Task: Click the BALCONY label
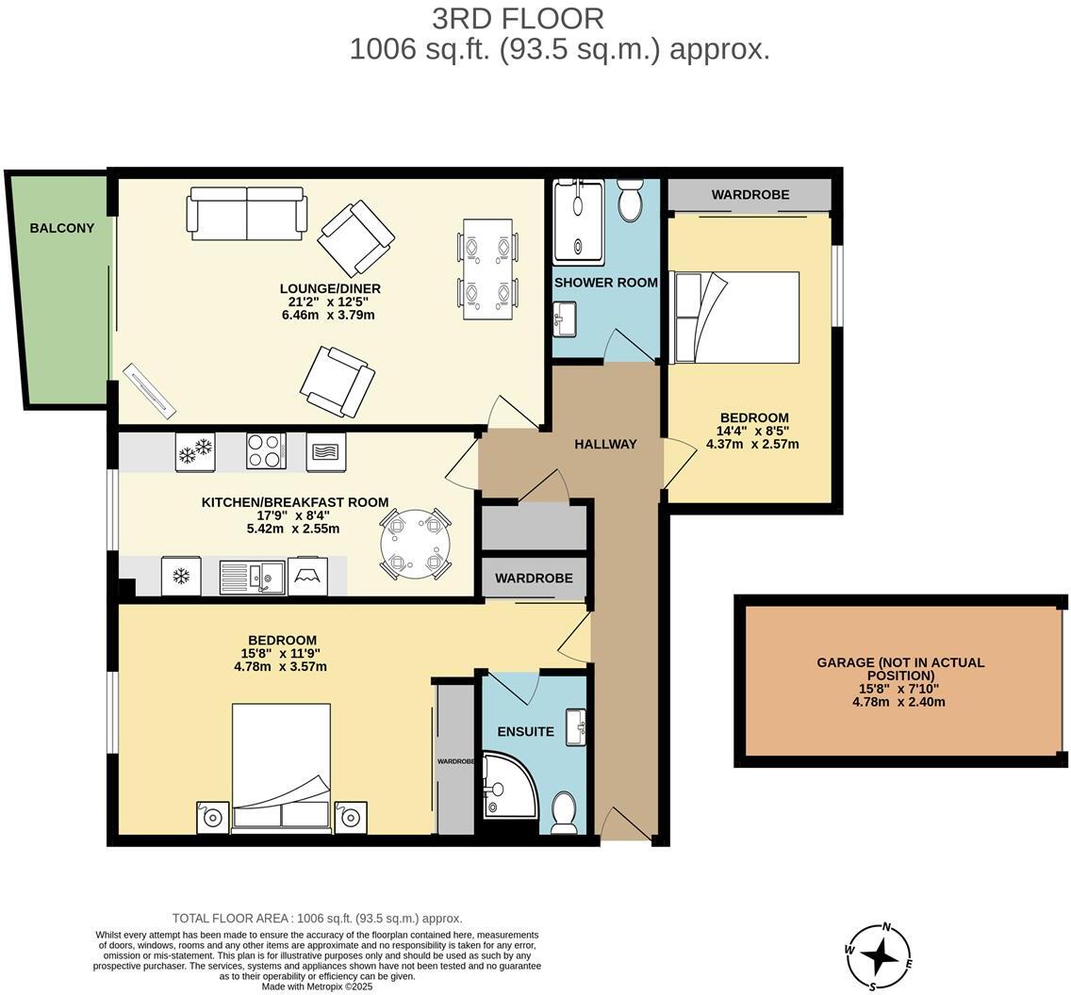point(62,228)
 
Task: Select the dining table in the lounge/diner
point(487,269)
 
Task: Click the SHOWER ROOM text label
point(605,283)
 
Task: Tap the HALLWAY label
point(605,444)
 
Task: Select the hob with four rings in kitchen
point(266,450)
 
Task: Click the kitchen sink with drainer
point(252,577)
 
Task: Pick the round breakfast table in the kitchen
point(415,545)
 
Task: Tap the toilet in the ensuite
point(564,812)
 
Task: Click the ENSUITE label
point(525,731)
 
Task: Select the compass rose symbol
point(880,956)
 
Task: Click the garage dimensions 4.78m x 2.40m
point(898,702)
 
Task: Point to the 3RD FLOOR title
point(518,18)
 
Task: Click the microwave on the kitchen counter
point(326,451)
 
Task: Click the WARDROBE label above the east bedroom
point(750,195)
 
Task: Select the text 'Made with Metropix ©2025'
point(317,987)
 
